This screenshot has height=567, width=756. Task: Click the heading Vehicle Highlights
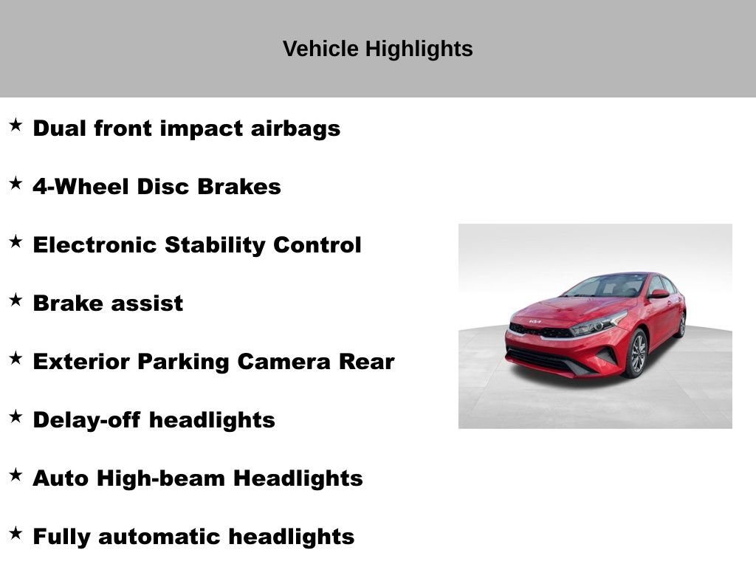(x=377, y=49)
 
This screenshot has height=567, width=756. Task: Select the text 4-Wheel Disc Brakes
(x=157, y=187)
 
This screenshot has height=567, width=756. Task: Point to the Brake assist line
(x=108, y=303)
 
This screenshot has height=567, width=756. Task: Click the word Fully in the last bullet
(x=61, y=537)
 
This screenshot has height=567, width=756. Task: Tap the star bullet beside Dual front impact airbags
(x=16, y=125)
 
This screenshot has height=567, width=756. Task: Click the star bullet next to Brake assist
(x=16, y=300)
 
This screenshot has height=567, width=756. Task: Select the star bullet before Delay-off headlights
(x=16, y=416)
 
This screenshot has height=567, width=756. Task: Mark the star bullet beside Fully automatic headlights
(x=16, y=533)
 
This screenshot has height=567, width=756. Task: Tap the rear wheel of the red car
(x=681, y=324)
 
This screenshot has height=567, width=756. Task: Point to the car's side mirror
(x=658, y=294)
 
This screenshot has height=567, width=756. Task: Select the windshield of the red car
(x=609, y=286)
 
